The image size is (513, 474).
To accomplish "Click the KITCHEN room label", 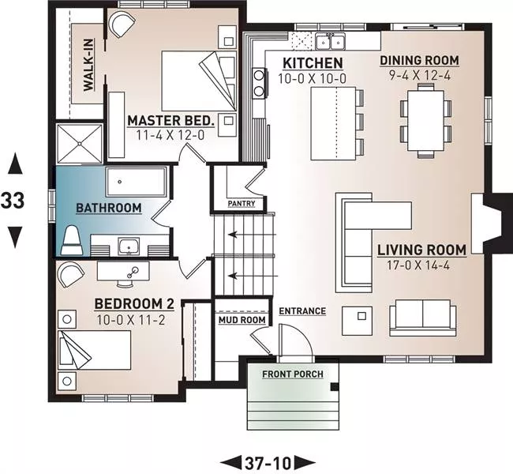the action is point(313,63).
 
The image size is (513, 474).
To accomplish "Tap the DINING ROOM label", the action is point(419,60).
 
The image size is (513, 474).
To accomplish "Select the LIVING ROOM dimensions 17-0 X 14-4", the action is point(418,265).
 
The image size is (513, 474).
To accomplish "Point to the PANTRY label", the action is point(242,203).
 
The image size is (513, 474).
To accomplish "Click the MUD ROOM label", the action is point(242,320).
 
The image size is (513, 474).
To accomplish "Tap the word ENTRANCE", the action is point(302,311).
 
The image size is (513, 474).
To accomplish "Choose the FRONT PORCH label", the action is point(293,374).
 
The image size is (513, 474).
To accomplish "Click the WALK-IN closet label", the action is point(88,65).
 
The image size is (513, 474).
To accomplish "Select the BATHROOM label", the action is point(109,208).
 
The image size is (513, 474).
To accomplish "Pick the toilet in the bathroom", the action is point(72,240).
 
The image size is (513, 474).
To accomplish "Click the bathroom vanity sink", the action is point(129,246).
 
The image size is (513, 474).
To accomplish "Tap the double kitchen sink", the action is point(330,42).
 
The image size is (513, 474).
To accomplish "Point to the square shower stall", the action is point(80,144).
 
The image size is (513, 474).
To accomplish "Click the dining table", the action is point(425,121).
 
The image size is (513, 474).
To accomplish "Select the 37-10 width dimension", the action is point(268,463).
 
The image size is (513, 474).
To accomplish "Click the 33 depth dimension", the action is point(13,201).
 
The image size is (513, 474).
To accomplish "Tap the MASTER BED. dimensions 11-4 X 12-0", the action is point(170,135).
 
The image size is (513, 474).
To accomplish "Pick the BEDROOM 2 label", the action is point(134,303).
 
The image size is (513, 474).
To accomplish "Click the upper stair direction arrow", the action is point(253,235).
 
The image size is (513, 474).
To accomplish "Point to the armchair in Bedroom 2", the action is point(71,274).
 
